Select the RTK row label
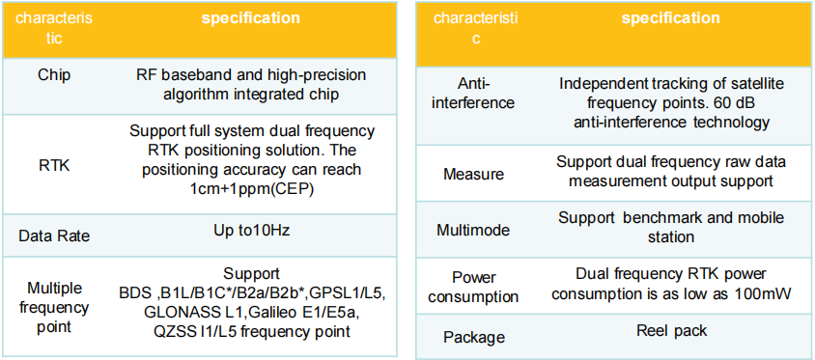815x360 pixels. [53, 165]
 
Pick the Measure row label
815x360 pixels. [473, 174]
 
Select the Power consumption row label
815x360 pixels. [473, 287]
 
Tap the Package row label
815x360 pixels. [473, 337]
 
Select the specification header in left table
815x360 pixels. [251, 19]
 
